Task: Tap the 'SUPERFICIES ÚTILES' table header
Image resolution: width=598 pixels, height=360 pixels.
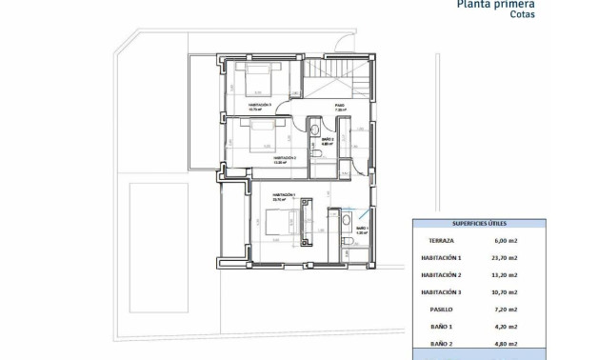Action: [x=479, y=224]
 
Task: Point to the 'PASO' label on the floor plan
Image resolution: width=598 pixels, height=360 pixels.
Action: [x=339, y=106]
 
